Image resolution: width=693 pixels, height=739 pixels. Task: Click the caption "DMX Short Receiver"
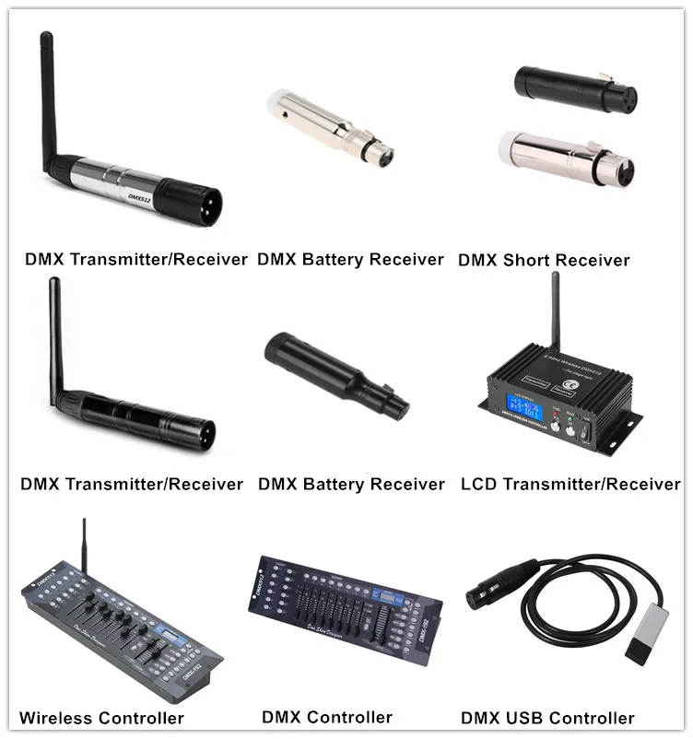pos(544,261)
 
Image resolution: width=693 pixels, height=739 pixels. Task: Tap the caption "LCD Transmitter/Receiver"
pos(570,484)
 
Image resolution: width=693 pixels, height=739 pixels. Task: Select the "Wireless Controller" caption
pos(101,718)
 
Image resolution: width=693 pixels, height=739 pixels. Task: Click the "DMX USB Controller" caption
pos(547,718)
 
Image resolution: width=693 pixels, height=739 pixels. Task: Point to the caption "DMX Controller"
pos(327,717)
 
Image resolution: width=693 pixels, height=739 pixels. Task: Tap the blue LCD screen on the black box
pos(516,408)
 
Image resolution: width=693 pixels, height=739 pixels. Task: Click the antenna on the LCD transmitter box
pos(556,318)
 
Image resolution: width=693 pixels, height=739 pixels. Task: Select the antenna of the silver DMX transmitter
pos(50,101)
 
